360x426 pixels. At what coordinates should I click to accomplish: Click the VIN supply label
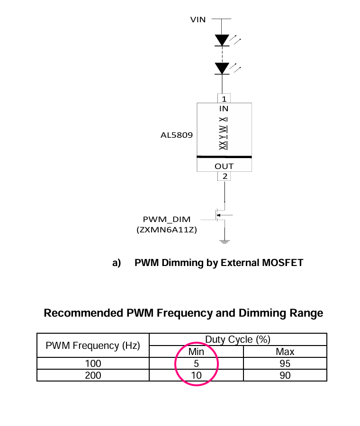tap(198, 19)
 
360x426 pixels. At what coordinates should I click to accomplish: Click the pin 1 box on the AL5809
tap(224, 98)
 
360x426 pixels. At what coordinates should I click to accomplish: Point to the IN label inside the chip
tap(224, 109)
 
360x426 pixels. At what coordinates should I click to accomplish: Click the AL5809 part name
tap(177, 135)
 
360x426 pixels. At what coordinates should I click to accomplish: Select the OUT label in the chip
tap(224, 166)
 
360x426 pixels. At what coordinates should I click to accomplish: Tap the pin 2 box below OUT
tap(224, 177)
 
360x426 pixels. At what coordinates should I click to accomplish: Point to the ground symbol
tap(225, 241)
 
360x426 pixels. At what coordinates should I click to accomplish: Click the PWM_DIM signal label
tap(167, 219)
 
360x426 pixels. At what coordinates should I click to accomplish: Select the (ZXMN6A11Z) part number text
tap(167, 230)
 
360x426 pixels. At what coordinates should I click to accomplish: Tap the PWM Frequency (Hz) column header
tap(93, 346)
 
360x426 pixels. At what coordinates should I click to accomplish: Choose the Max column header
tap(285, 352)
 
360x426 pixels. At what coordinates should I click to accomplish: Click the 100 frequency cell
tap(93, 364)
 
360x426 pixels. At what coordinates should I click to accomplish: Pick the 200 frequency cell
tap(93, 375)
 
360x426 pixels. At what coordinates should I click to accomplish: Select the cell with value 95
tap(285, 364)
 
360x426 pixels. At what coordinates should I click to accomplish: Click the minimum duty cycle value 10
tap(196, 375)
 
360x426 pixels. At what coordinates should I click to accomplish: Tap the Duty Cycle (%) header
tap(238, 339)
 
